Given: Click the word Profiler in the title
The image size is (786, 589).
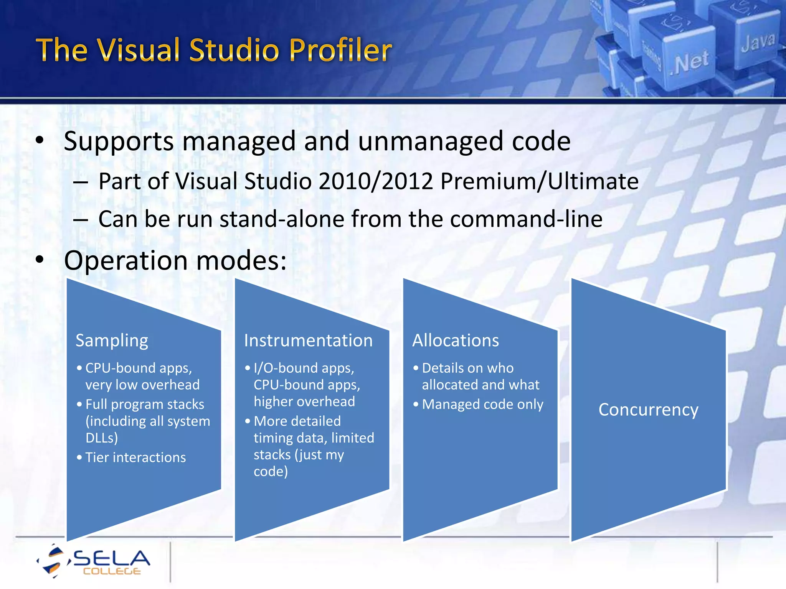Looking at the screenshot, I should click(x=340, y=50).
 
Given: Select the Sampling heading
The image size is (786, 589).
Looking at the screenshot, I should click(x=112, y=341).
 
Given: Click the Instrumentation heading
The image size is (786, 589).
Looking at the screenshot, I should click(x=308, y=341).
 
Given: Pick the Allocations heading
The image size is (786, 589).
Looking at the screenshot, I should click(x=456, y=341).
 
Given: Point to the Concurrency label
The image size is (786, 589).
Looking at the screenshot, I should click(x=648, y=410).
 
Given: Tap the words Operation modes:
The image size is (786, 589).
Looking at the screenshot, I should click(x=175, y=260).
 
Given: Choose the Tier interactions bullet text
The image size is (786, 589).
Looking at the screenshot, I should click(x=135, y=457).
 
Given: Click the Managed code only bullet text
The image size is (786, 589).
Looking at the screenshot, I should click(x=482, y=405).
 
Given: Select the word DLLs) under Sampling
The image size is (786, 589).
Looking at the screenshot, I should click(x=102, y=438).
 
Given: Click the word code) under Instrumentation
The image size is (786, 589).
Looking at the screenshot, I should click(x=271, y=471).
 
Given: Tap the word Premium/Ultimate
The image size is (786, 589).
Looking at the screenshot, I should click(x=539, y=181).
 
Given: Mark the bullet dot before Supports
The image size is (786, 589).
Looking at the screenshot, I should click(x=40, y=141).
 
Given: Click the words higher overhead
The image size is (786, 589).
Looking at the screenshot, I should click(x=304, y=401).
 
